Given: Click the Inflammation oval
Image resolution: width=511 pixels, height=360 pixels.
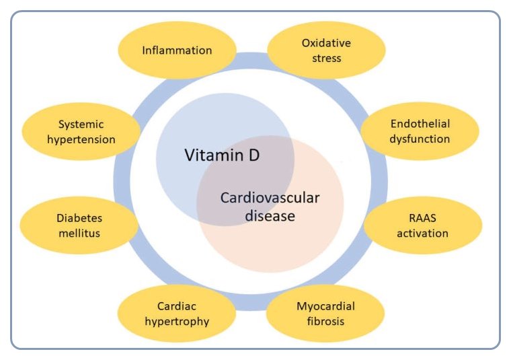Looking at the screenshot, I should point(177,50).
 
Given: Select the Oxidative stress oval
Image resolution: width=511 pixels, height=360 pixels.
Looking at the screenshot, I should point(326,50).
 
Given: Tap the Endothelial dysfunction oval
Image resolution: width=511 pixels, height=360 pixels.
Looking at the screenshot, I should point(420,131).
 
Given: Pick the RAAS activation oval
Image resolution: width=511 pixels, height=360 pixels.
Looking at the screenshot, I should point(422,227).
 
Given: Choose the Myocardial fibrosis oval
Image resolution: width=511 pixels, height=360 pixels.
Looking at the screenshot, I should point(326,314).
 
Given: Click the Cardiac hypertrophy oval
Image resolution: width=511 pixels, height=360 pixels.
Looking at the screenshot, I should point(177,314).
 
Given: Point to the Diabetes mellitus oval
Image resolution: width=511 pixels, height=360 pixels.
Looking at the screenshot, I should point(79,227).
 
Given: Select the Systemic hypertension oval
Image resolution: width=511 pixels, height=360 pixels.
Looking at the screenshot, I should point(79,132).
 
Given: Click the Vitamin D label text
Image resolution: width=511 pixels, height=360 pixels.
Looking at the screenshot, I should point(222,156).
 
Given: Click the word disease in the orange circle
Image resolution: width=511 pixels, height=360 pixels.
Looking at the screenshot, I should point(270,216).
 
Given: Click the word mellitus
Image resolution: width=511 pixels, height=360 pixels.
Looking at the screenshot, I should point(79,234).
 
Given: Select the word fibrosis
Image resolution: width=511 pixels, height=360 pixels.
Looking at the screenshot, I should point(325,321).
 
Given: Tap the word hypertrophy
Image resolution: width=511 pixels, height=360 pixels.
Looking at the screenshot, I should point(177,321).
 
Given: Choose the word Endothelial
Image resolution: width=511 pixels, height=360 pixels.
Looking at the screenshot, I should point(420,124).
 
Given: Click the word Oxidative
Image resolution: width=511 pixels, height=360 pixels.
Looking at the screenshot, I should point(326,43).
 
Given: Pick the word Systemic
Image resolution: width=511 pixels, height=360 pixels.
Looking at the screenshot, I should point(79,124).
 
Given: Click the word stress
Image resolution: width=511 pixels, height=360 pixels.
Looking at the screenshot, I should point(326,58).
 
